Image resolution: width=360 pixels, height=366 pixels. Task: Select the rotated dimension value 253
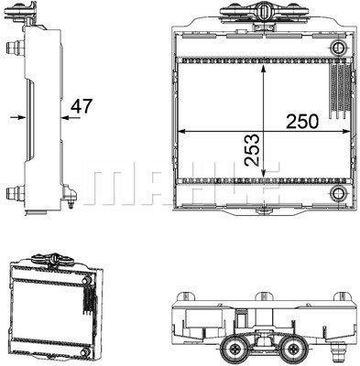pos(253,150)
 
